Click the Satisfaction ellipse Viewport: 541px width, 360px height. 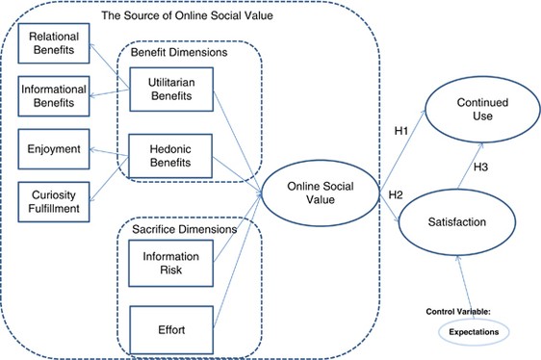[x=469, y=222]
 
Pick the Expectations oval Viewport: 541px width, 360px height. [x=469, y=329]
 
